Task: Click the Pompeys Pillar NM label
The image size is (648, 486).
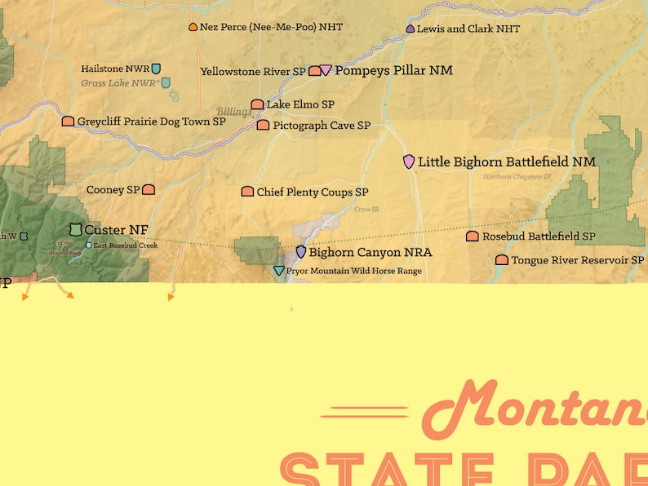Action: click(393, 71)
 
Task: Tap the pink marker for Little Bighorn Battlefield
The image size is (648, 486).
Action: click(409, 161)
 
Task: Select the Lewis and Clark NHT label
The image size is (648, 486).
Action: click(468, 29)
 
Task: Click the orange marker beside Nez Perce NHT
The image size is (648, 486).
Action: click(193, 27)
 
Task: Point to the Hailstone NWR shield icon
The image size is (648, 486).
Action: click(156, 69)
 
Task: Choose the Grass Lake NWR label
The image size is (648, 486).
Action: click(119, 83)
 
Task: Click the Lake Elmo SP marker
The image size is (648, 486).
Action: click(257, 104)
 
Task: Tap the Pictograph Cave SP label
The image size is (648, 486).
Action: click(322, 126)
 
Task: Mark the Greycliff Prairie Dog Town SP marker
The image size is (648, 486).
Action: click(68, 121)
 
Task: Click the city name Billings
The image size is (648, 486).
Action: click(233, 112)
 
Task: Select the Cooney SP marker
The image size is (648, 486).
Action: click(149, 190)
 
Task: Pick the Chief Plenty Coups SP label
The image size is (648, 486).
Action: click(313, 192)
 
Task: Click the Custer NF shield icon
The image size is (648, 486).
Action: click(76, 230)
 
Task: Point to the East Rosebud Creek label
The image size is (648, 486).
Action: click(125, 245)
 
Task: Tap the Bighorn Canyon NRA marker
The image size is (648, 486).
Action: click(300, 252)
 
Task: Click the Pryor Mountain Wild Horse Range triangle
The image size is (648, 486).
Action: click(279, 271)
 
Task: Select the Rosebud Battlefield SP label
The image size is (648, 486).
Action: click(539, 236)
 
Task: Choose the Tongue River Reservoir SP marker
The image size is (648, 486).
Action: click(502, 260)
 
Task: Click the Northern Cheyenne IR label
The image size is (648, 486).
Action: click(517, 176)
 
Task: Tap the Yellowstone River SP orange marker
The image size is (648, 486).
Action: click(314, 71)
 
